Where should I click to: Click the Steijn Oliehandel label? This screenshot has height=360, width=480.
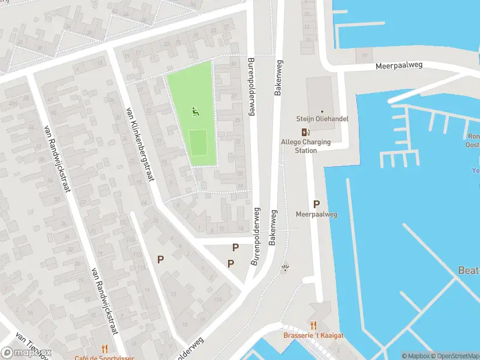pyautogui.click(x=322, y=119)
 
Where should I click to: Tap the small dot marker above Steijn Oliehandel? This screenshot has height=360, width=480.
pyautogui.click(x=322, y=111)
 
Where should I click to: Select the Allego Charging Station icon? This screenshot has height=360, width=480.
pyautogui.click(x=306, y=133)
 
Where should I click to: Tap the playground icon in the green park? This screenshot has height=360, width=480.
pyautogui.click(x=194, y=111)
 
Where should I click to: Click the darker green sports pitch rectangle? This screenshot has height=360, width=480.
pyautogui.click(x=199, y=142)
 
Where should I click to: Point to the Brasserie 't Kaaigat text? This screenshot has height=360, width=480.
pyautogui.click(x=313, y=335)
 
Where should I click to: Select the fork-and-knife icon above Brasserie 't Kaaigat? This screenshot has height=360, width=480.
pyautogui.click(x=313, y=325)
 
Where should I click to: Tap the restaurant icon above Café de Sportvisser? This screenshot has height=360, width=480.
pyautogui.click(x=104, y=348)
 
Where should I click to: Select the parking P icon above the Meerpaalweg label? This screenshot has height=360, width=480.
pyautogui.click(x=316, y=204)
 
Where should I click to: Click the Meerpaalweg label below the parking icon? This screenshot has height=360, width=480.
pyautogui.click(x=316, y=215)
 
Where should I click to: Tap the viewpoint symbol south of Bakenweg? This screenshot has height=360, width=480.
pyautogui.click(x=286, y=268)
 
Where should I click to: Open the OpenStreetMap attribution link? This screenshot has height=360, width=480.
pyautogui.click(x=455, y=356)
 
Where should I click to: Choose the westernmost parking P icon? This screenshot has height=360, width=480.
pyautogui.click(x=160, y=259)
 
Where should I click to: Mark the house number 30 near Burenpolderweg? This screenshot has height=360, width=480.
pyautogui.click(x=241, y=174)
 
